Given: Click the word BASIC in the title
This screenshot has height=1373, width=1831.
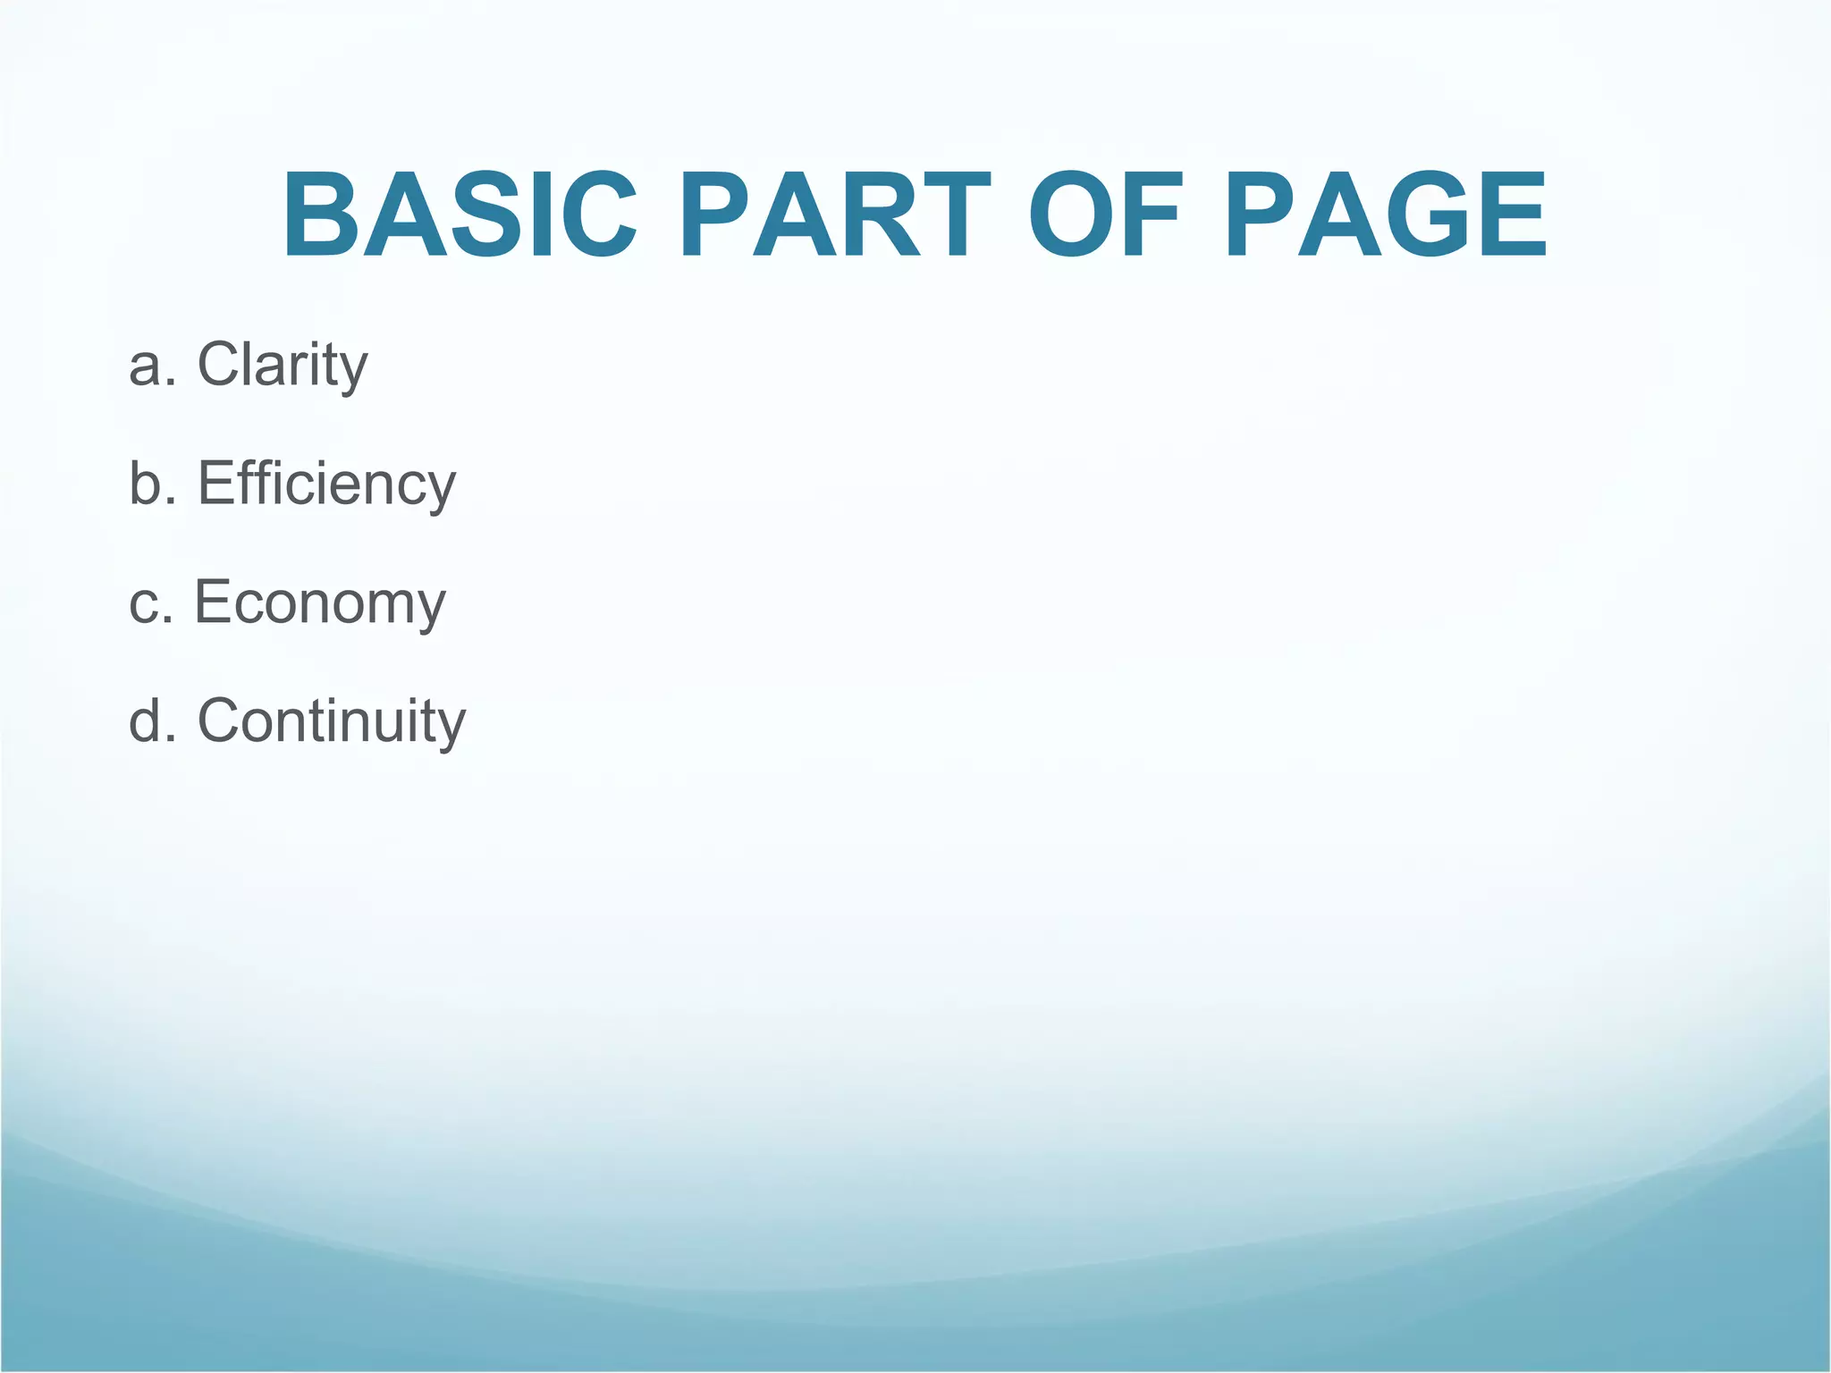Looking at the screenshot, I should pos(460,215).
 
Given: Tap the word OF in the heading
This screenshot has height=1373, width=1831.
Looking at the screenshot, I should pos(1106,215).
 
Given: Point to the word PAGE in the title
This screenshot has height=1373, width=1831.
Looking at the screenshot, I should pos(1385,215).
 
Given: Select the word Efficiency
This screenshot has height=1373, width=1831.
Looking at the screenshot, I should pos(326,484).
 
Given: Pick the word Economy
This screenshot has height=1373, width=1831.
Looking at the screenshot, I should pos(320,602).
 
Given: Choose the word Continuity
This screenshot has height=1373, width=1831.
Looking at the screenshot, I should pos(331,720).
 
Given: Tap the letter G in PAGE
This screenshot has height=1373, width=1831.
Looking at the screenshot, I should pos(1422,215).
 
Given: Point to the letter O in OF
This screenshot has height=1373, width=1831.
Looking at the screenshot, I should pos(1069,215).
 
